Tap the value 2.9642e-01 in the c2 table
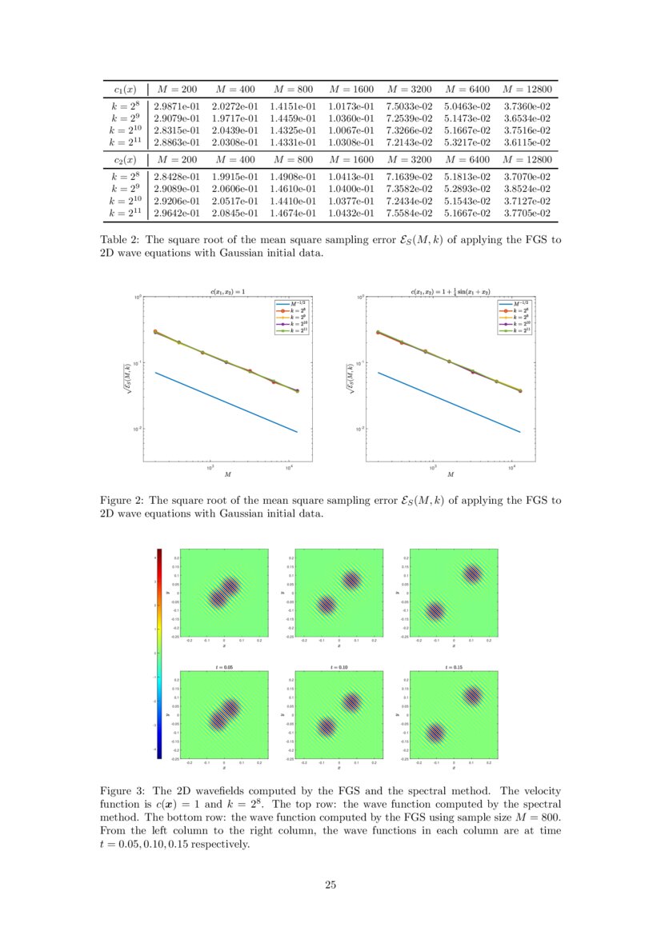point(176,214)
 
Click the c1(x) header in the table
point(124,88)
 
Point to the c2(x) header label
point(124,160)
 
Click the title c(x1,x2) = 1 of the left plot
point(228,293)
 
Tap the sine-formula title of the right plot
point(451,293)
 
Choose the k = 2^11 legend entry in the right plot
point(511,330)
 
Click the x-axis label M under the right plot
point(451,474)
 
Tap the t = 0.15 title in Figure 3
point(453,665)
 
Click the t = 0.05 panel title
point(225,665)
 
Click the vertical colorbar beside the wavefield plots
point(159,652)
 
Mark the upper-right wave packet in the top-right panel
point(472,573)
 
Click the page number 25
point(330,884)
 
